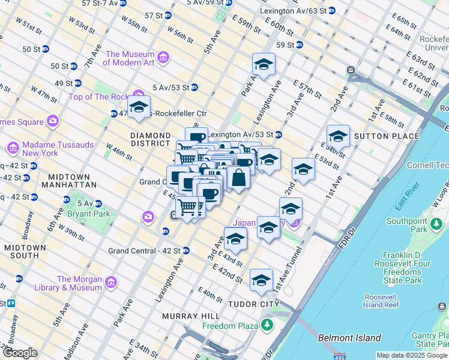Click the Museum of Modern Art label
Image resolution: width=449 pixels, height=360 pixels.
point(130,58)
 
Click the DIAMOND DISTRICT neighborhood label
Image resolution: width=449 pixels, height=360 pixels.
point(151,139)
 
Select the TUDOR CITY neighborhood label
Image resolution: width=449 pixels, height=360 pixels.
point(253,304)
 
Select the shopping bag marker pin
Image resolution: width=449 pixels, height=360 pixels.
point(238,178)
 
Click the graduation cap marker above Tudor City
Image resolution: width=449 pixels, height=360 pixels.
point(261,280)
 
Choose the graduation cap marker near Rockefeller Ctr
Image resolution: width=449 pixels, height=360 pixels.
point(139,107)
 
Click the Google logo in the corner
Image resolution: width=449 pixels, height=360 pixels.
point(20,353)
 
